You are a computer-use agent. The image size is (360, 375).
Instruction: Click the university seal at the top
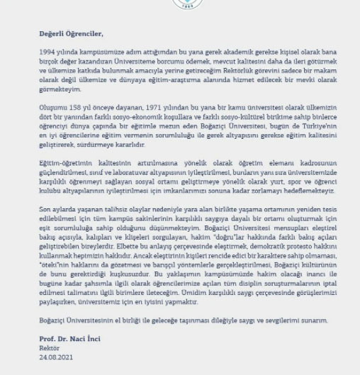click(x=180, y=3)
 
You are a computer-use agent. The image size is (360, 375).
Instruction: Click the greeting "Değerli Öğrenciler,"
click(x=71, y=33)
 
